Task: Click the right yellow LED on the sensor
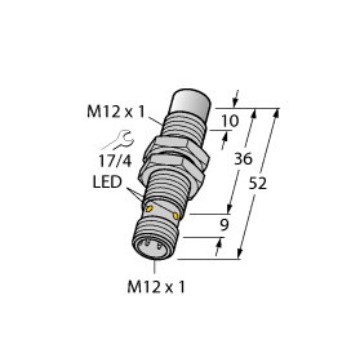tap(177, 215)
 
